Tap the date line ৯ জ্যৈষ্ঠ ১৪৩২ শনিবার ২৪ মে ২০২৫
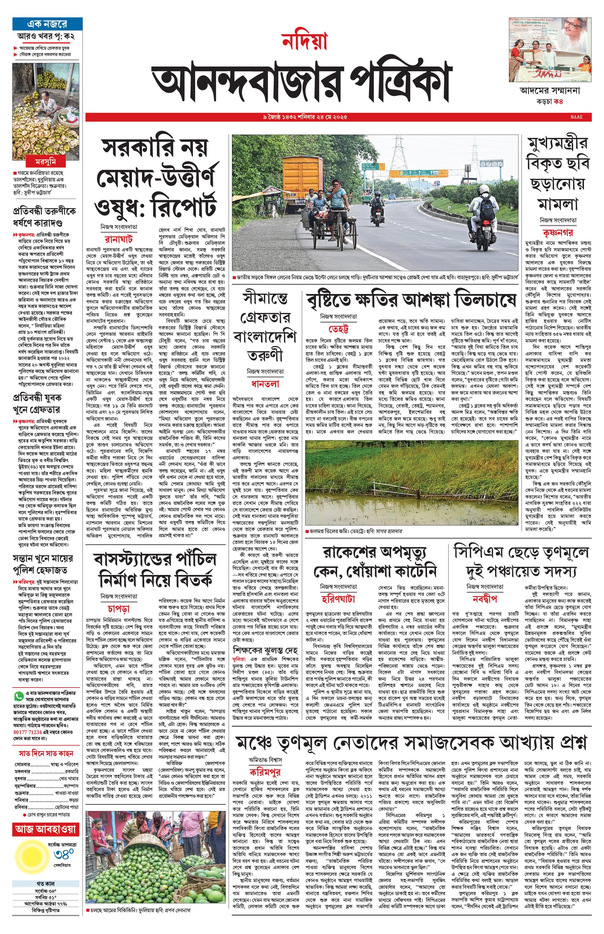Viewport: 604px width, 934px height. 305,117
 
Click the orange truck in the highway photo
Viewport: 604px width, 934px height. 302,177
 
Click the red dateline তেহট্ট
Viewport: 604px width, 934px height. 339,329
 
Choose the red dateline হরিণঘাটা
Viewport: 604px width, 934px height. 339,599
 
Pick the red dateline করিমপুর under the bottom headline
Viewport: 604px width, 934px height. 265,772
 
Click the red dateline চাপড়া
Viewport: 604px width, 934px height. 119,608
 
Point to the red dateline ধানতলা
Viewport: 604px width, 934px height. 265,384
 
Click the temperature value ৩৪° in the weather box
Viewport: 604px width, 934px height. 64,854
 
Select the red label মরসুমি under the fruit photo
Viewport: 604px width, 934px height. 45,162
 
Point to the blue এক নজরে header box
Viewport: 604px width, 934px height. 47,24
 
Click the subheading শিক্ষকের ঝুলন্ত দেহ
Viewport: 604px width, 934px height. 265,650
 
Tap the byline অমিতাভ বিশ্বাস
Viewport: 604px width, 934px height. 265,760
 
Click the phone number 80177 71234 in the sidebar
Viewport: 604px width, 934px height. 28,732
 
